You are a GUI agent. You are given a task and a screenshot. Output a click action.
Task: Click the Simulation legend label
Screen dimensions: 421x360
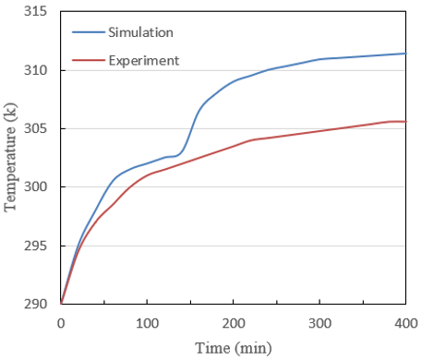(140, 32)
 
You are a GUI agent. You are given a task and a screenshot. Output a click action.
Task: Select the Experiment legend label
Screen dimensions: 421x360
(144, 61)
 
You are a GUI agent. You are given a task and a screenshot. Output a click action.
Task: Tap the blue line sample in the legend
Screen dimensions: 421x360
(89, 32)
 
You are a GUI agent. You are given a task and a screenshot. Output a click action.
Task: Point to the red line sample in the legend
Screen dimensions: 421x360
(89, 60)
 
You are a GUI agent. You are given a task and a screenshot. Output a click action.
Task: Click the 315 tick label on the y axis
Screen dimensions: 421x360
(35, 11)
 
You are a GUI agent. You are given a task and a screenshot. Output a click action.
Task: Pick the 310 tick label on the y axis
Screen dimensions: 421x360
(35, 70)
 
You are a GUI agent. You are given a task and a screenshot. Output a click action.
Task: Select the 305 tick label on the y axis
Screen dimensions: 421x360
(35, 128)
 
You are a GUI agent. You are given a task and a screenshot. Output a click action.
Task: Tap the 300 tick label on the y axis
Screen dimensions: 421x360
(35, 186)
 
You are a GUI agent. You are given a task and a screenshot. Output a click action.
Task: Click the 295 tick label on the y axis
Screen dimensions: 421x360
(35, 246)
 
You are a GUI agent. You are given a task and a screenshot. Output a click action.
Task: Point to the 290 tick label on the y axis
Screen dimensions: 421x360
(35, 304)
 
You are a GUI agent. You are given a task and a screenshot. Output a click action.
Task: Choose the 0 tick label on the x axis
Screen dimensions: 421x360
(61, 323)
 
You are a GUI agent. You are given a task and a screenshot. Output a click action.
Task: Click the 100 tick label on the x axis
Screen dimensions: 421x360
(148, 323)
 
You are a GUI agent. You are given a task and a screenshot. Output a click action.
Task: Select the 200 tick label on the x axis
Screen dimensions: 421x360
(234, 323)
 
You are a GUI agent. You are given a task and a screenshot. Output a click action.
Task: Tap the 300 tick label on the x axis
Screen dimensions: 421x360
(320, 323)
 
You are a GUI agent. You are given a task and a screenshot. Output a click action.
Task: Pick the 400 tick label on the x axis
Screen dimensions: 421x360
(406, 323)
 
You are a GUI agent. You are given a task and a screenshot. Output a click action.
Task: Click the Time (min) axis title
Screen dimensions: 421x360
(234, 349)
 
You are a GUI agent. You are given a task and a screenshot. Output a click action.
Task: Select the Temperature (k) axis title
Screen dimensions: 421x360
(10, 157)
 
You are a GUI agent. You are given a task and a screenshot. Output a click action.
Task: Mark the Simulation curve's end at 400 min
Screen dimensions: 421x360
(406, 54)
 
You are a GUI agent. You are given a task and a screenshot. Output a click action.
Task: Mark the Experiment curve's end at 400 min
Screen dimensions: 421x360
(406, 122)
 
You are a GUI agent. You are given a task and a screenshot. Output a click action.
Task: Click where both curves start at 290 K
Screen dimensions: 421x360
(61, 304)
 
